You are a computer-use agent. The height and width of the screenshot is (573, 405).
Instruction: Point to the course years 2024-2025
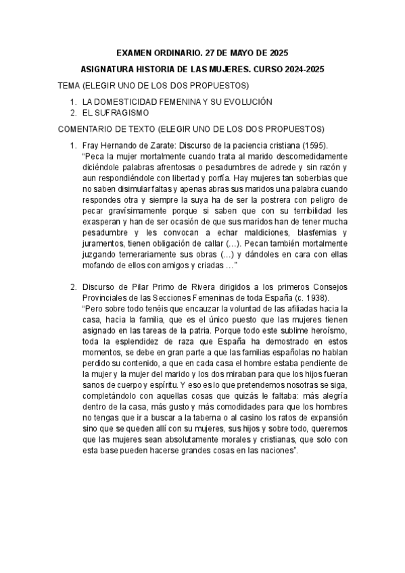pos(303,69)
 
